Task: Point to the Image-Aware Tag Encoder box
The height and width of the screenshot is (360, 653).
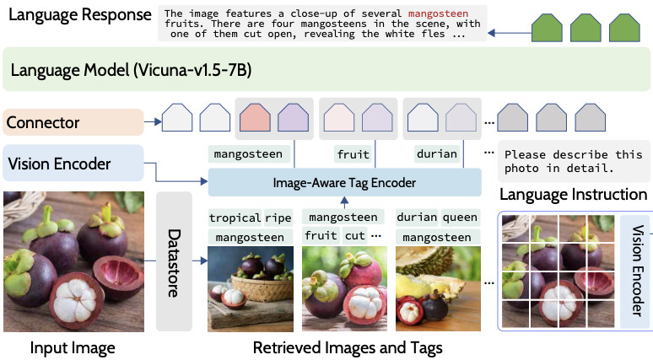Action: tap(344, 182)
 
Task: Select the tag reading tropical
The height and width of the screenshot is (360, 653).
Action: tap(235, 218)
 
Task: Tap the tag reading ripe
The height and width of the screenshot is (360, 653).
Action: tap(278, 218)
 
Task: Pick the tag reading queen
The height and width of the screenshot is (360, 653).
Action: tap(459, 218)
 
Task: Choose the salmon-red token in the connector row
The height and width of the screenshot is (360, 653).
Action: tap(256, 117)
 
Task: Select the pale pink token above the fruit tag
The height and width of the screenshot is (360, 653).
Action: tap(339, 117)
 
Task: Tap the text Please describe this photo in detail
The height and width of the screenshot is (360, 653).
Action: tap(570, 161)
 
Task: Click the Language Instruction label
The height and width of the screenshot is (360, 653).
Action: tap(573, 195)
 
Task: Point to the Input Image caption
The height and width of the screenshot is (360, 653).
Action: tap(73, 347)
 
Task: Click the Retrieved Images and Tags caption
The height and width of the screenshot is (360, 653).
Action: tap(347, 347)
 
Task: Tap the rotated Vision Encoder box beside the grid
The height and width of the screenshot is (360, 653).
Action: tap(637, 270)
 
